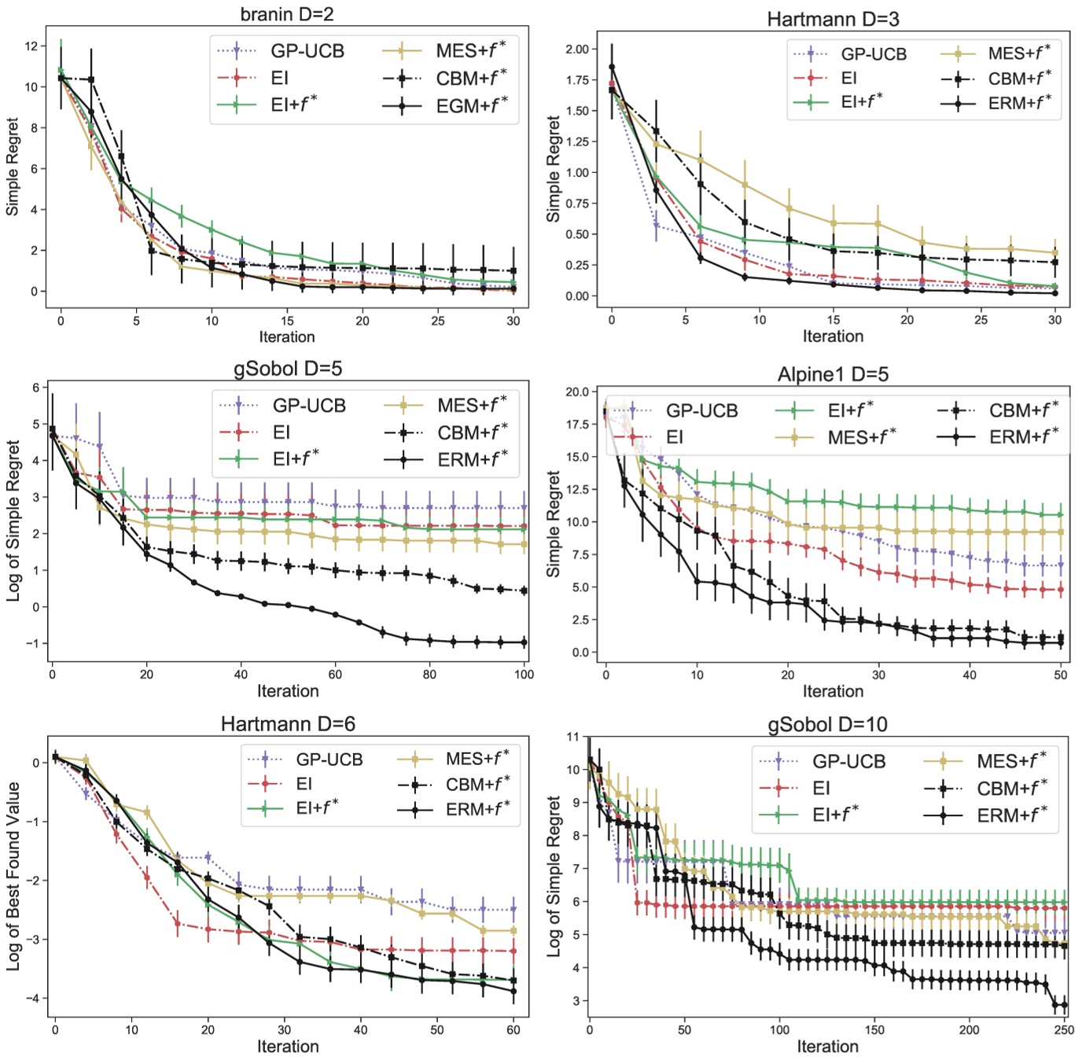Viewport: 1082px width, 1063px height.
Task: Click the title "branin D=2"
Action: pyautogui.click(x=287, y=13)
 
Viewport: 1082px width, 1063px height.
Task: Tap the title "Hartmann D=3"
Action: pyautogui.click(x=833, y=18)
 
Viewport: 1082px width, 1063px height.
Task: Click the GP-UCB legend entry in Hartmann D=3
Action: pyautogui.click(x=873, y=54)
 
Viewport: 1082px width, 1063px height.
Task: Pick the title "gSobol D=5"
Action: pyautogui.click(x=288, y=369)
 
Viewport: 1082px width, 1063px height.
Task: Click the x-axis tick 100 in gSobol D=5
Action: pyautogui.click(x=524, y=675)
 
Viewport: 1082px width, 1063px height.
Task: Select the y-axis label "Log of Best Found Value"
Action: pyautogui.click(x=13, y=876)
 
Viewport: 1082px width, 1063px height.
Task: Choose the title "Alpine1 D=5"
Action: pyautogui.click(x=833, y=374)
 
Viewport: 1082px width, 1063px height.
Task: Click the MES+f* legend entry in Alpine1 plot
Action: pyautogui.click(x=861, y=437)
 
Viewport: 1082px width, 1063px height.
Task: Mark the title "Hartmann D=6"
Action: pyautogui.click(x=288, y=724)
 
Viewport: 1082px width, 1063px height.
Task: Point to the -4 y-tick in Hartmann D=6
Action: pyautogui.click(x=35, y=999)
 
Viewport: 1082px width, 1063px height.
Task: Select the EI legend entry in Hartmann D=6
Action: pyautogui.click(x=304, y=784)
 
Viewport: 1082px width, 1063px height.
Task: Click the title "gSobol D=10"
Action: pyautogui.click(x=827, y=724)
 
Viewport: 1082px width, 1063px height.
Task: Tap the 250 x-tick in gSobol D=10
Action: pyautogui.click(x=1064, y=1030)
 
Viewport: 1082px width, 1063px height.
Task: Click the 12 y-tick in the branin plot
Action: pyautogui.click(x=31, y=46)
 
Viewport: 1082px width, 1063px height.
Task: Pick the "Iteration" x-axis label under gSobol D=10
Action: pyautogui.click(x=827, y=1046)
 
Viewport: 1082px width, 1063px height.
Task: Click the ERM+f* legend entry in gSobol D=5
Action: pyautogui.click(x=472, y=459)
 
